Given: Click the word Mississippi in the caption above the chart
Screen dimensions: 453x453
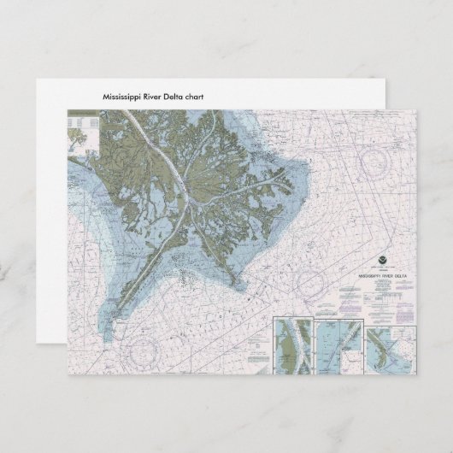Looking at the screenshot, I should coord(122,97).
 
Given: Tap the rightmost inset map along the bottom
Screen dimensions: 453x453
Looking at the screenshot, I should coord(391,349).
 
